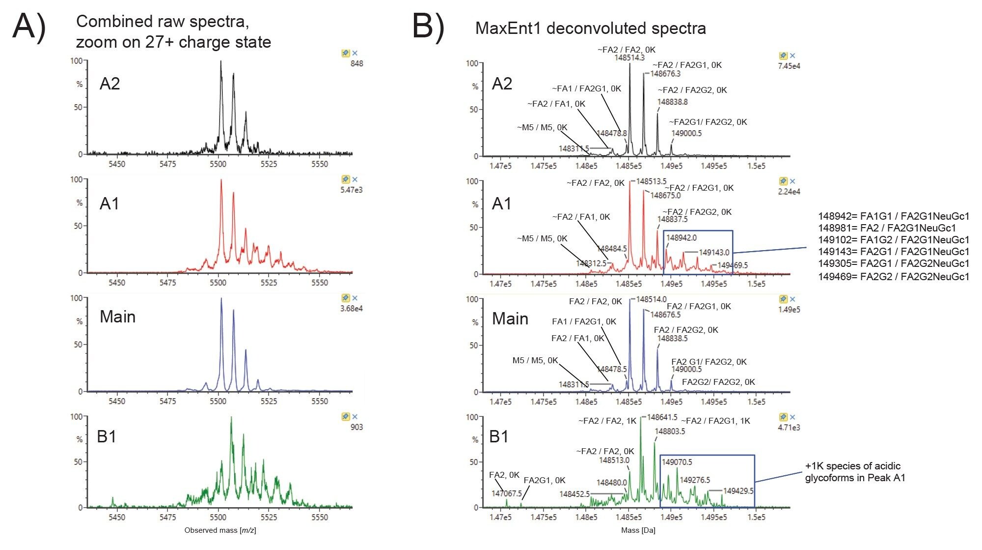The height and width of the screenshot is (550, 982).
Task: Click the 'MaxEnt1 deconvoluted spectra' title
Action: (590, 28)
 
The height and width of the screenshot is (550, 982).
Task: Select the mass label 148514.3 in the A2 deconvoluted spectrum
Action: (629, 58)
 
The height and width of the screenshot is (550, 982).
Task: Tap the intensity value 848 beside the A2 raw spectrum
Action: (356, 63)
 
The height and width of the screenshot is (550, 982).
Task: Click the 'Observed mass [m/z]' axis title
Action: (220, 530)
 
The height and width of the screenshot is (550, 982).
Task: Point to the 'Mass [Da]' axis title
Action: (638, 530)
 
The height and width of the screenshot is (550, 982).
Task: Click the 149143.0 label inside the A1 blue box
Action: (714, 252)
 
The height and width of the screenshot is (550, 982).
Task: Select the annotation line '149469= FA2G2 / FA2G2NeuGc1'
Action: (893, 277)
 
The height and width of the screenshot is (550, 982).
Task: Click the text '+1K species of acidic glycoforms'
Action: (855, 472)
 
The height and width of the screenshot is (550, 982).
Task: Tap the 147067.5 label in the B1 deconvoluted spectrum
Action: (507, 493)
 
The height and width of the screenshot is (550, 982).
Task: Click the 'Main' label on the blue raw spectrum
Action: (117, 317)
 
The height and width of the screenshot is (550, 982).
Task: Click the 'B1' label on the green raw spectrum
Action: (107, 436)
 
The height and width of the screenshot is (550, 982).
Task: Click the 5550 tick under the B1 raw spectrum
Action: (320, 517)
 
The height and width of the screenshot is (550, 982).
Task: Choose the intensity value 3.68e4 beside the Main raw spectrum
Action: (351, 309)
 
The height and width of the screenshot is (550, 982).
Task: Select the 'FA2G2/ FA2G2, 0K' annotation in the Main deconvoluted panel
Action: (718, 382)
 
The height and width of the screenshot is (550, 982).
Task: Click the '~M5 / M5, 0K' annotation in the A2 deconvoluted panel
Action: (542, 128)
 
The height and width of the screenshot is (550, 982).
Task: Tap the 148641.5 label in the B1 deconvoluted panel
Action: (662, 417)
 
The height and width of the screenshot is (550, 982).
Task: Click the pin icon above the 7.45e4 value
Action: (783, 56)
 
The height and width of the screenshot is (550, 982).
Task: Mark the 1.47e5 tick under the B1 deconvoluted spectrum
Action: (500, 517)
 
